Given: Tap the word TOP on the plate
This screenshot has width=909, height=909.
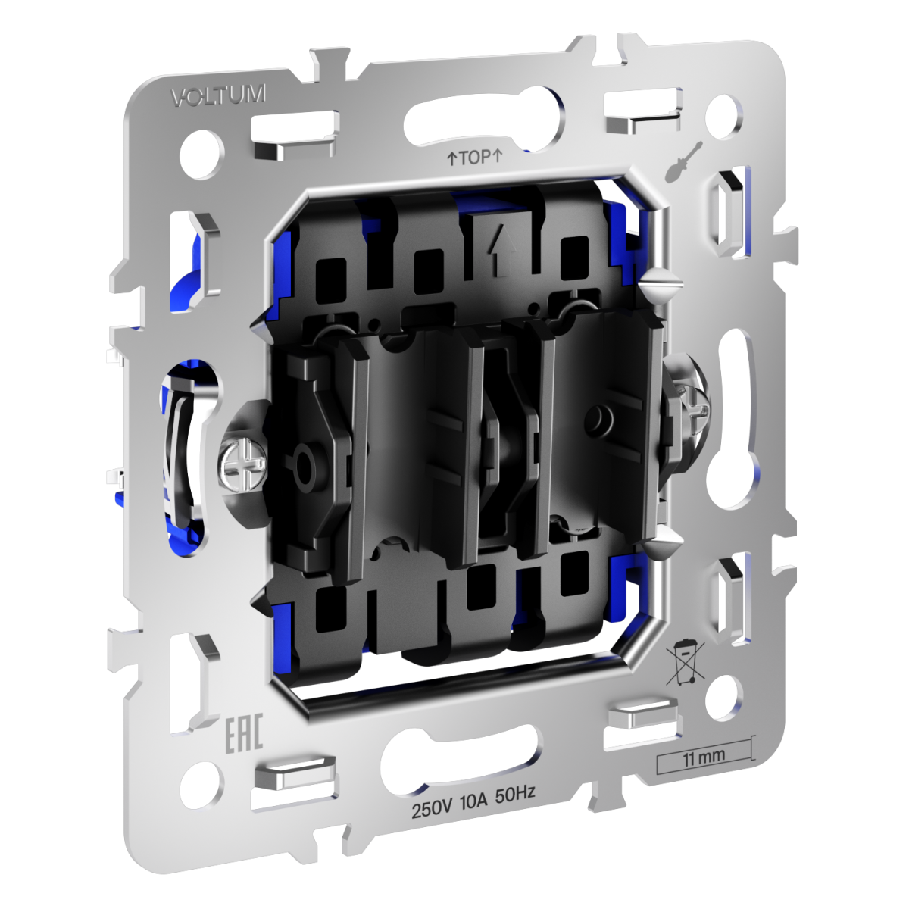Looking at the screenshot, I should click(475, 158).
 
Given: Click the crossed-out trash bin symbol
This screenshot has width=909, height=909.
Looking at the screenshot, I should click(685, 662).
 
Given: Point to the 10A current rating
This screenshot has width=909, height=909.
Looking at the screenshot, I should click(474, 799).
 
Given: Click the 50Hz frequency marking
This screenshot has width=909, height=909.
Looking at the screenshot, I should click(515, 793).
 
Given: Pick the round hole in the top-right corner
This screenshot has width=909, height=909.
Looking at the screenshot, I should click(723, 113).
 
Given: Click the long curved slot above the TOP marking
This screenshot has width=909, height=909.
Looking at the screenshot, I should click(485, 114).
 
